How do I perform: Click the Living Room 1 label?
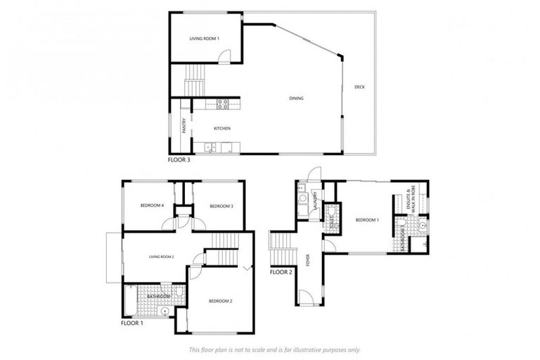point(205,38)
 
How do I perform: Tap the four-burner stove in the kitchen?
point(221,105)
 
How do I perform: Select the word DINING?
point(296,98)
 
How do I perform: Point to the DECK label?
point(359,87)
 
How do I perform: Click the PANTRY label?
point(184,125)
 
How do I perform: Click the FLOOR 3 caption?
point(179,160)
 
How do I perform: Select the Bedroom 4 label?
point(152,205)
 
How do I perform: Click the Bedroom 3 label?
point(221,206)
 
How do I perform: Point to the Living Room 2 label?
point(161,257)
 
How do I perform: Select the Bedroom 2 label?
point(220,301)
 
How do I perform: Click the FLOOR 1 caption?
point(131,324)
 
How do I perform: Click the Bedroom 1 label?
point(367,220)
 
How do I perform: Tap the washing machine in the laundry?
point(302,199)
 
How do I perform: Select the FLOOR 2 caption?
point(281,271)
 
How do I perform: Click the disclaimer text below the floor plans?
point(275,349)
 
